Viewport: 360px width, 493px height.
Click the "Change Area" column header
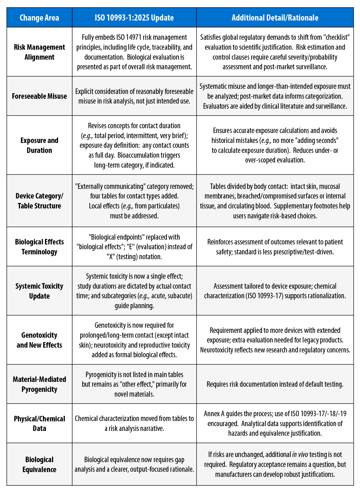(x=39, y=18)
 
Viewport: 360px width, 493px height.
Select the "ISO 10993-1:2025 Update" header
(x=134, y=18)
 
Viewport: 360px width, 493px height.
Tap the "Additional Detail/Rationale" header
(x=275, y=18)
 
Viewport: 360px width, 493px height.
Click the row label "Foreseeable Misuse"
(x=39, y=96)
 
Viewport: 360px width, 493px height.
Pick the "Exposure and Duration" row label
(x=39, y=145)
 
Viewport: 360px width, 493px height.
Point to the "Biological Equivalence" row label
(x=39, y=465)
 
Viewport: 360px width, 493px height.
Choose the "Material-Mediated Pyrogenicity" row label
(x=39, y=384)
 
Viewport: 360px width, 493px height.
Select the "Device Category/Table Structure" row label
(x=39, y=201)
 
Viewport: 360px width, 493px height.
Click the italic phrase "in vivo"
(x=299, y=455)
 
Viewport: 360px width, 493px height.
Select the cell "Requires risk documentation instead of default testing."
(x=275, y=384)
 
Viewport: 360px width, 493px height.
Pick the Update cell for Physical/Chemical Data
(x=134, y=423)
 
